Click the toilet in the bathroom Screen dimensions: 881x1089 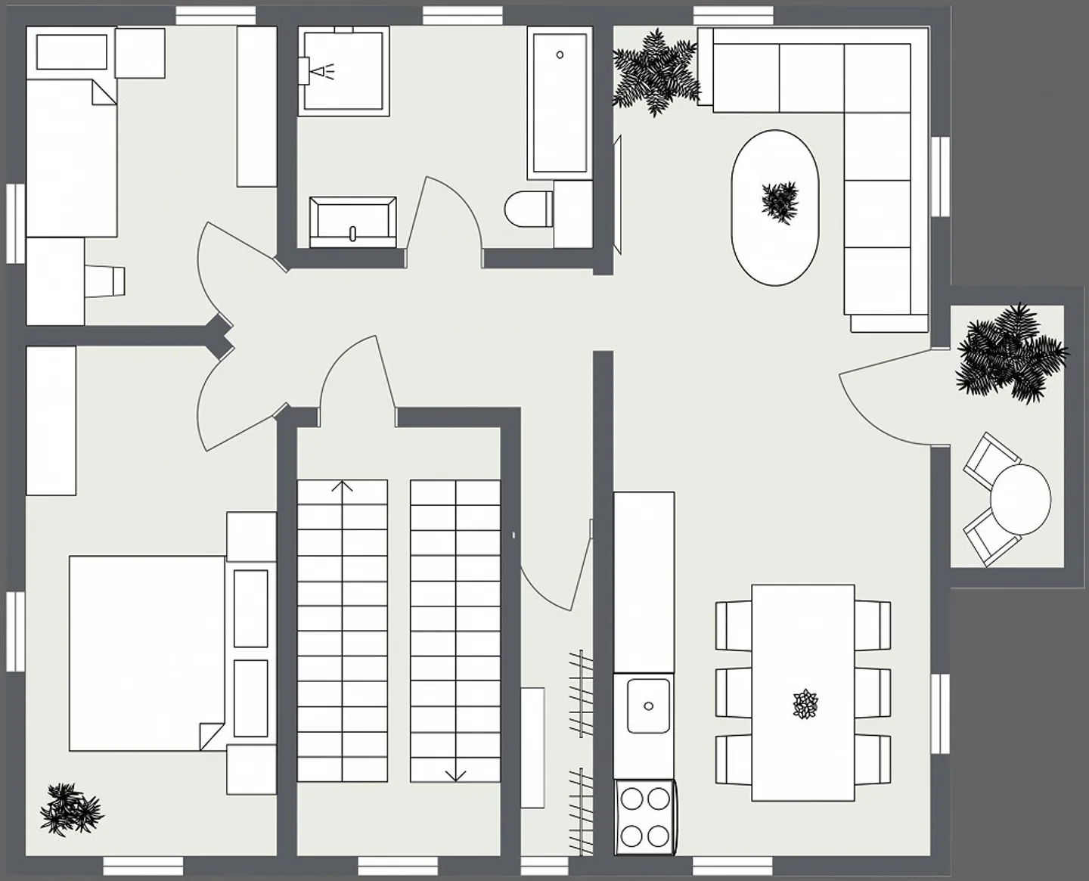527,209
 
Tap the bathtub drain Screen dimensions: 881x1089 560,54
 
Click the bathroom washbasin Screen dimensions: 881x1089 352,222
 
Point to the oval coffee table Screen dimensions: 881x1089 774,208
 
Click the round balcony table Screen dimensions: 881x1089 1020,499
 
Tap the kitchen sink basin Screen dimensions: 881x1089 648,705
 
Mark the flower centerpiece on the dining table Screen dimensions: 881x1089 805,704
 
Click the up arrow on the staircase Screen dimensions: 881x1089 343,486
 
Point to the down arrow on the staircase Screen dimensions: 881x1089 455,774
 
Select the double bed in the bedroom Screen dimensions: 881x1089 147,653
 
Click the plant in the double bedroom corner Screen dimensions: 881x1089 70,809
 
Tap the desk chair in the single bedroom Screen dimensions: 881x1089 105,281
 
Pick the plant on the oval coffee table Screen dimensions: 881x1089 780,201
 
